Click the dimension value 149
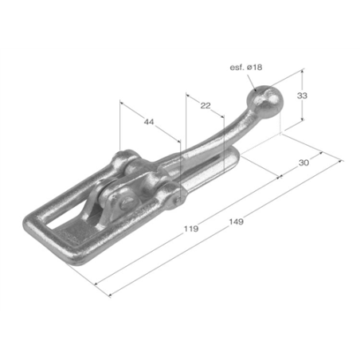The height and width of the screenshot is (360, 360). point(236,221)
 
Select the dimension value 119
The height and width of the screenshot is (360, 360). point(191,229)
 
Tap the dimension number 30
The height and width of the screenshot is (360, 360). point(303,162)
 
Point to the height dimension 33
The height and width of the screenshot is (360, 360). point(302,96)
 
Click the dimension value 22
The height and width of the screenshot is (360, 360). point(205,105)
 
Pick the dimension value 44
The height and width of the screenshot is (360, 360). point(149,122)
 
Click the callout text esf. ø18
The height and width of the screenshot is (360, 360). point(246,67)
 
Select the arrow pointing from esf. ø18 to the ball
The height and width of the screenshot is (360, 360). point(252,83)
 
